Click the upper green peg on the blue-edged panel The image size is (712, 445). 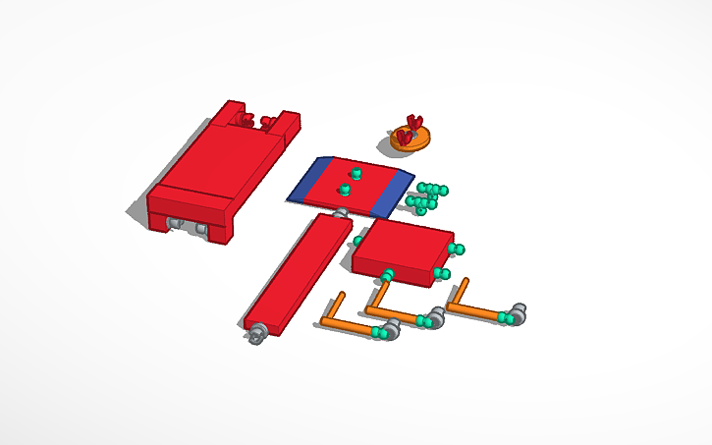point(356,173)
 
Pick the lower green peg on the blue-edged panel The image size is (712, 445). point(345,190)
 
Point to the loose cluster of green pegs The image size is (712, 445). point(426,196)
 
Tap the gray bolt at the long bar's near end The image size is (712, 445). point(257,334)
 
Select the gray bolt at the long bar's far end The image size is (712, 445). point(340,213)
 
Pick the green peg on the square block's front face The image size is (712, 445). point(388,274)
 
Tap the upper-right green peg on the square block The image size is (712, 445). point(457,250)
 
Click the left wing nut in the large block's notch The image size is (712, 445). point(246,121)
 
